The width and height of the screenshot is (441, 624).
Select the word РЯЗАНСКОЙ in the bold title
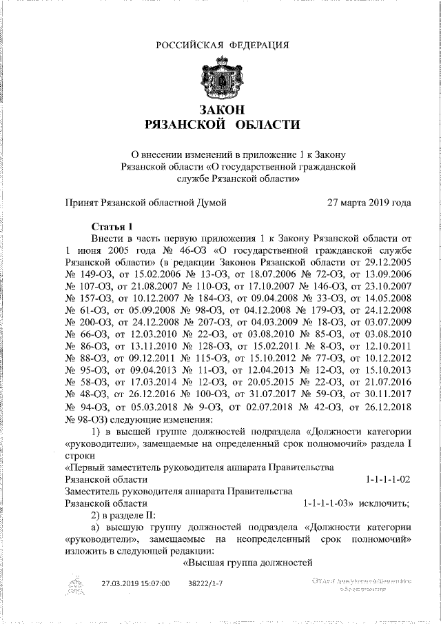[x=185, y=125]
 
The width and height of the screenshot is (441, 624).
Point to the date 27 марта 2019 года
[x=369, y=203]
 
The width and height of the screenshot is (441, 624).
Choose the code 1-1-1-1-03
[x=328, y=503]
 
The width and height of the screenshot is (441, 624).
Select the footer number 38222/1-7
[x=205, y=583]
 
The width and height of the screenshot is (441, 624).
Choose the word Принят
[x=81, y=203]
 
